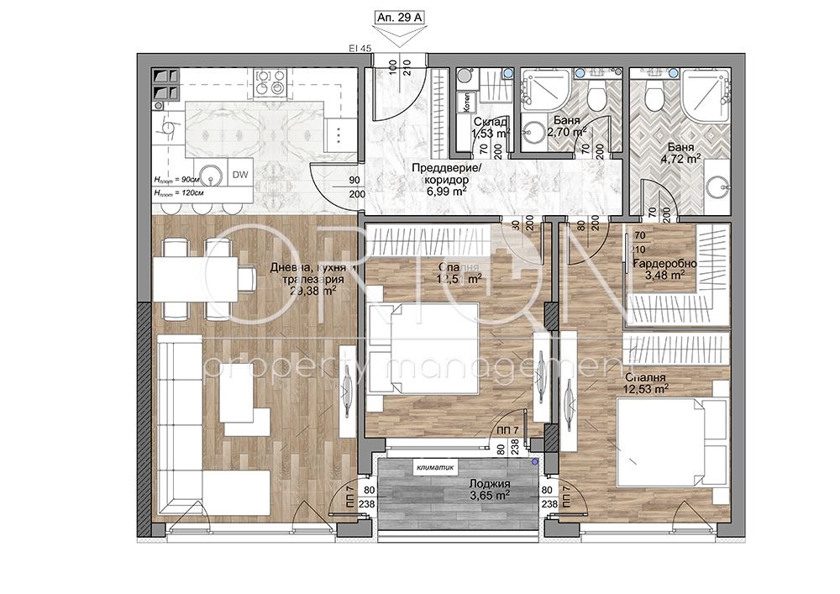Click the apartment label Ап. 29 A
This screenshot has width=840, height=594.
pyautogui.click(x=400, y=16)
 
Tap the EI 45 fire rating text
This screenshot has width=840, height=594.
pyautogui.click(x=360, y=50)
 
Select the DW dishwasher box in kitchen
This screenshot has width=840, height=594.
pyautogui.click(x=239, y=175)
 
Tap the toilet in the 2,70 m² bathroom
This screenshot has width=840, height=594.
pyautogui.click(x=596, y=95)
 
